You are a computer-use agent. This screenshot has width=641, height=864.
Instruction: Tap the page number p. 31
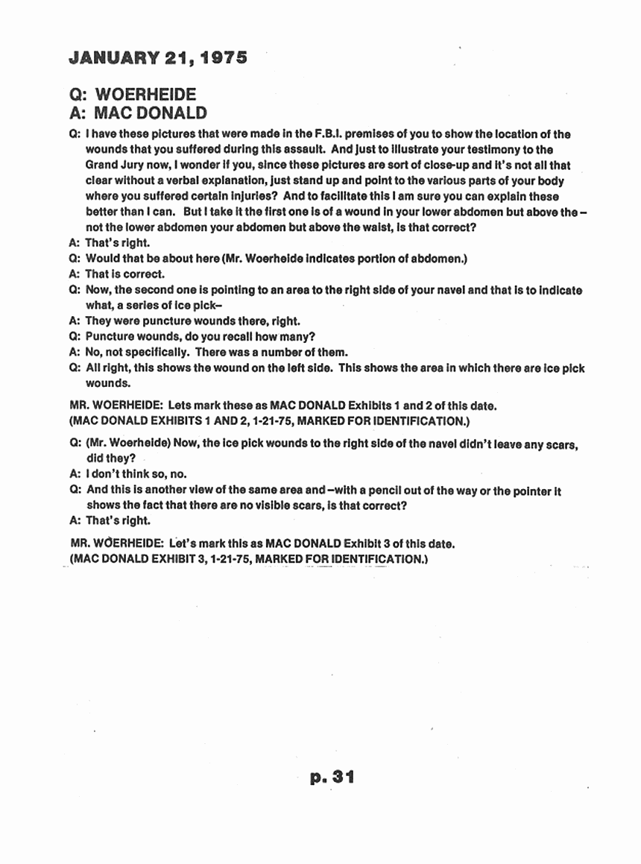pos(331,778)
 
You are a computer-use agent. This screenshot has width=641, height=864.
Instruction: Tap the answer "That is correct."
pos(125,274)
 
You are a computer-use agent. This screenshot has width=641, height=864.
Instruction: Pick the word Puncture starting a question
pos(110,336)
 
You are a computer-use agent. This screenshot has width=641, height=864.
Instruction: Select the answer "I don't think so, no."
pos(136,473)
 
